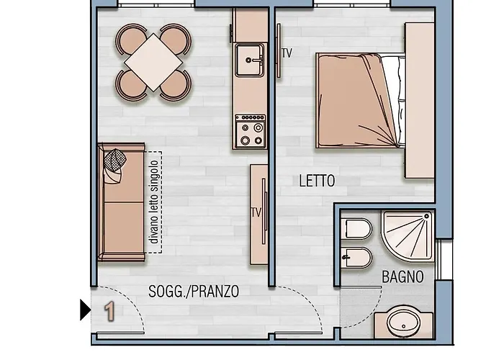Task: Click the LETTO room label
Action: coord(317,181)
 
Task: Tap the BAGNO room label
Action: coord(402,276)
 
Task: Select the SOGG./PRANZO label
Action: coord(193,292)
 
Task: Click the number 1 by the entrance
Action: coord(110,311)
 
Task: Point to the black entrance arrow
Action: coord(86,310)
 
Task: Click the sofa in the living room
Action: coord(121,201)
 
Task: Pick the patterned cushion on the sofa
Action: coord(114,164)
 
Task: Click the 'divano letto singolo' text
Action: coord(153,202)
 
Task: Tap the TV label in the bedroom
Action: coord(287,53)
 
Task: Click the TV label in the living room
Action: coord(255,212)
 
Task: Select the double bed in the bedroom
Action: coord(356,102)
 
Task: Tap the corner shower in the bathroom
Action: coord(408,238)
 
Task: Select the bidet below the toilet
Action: coord(358,256)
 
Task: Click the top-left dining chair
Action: coord(132,38)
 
